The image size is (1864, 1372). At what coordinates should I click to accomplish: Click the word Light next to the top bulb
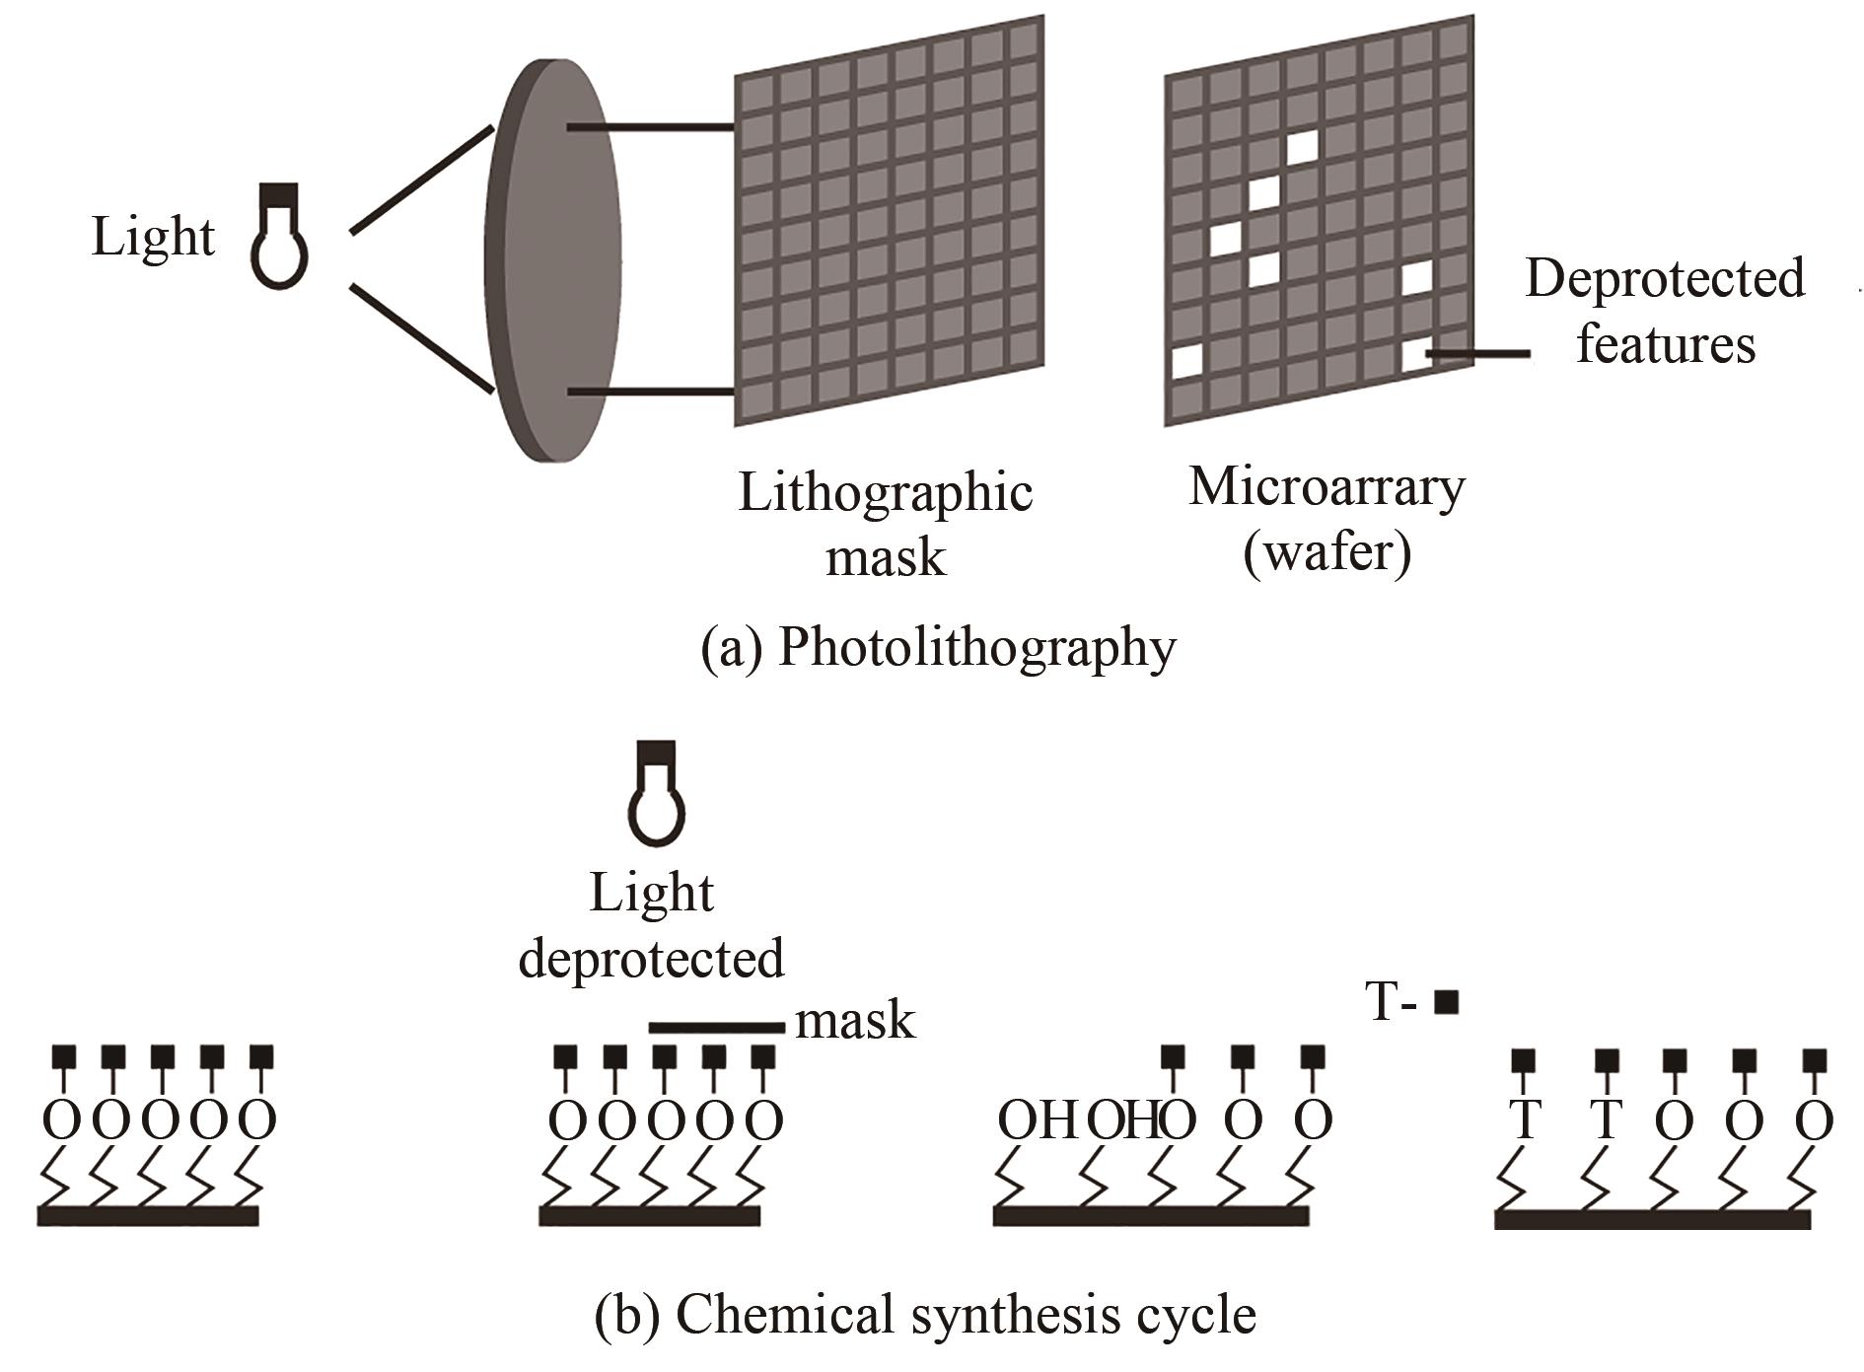pos(153,238)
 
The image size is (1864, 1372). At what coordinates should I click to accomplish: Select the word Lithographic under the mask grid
pos(885,493)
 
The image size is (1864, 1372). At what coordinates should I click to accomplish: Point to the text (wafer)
pos(1326,553)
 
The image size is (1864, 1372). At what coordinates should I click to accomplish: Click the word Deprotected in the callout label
pos(1665,279)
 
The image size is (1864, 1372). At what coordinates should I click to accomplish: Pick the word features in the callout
pos(1665,345)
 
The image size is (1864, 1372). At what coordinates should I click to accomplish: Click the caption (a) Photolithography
pos(938,648)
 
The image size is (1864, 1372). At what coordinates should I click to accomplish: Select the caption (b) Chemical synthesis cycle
pos(925,1315)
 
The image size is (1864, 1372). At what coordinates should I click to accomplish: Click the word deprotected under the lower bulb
pos(651,959)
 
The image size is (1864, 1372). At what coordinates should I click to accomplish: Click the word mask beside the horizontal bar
pos(855,1021)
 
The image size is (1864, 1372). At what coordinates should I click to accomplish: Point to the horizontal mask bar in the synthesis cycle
pos(716,1028)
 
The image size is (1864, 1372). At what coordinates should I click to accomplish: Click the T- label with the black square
pos(1411,1002)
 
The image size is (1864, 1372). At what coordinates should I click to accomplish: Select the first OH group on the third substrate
pos(1036,1120)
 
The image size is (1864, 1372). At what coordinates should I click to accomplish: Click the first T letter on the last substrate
pos(1525,1120)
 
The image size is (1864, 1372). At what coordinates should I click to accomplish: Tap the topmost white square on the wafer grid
pos(1301,147)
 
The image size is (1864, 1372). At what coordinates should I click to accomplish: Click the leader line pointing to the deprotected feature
pos(1479,353)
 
